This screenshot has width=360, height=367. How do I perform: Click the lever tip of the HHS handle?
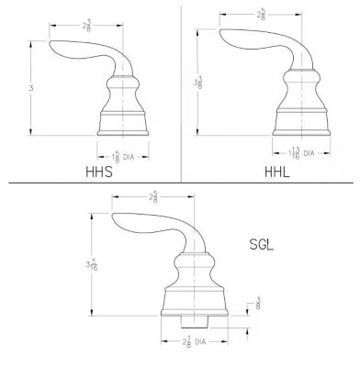point(54,49)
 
